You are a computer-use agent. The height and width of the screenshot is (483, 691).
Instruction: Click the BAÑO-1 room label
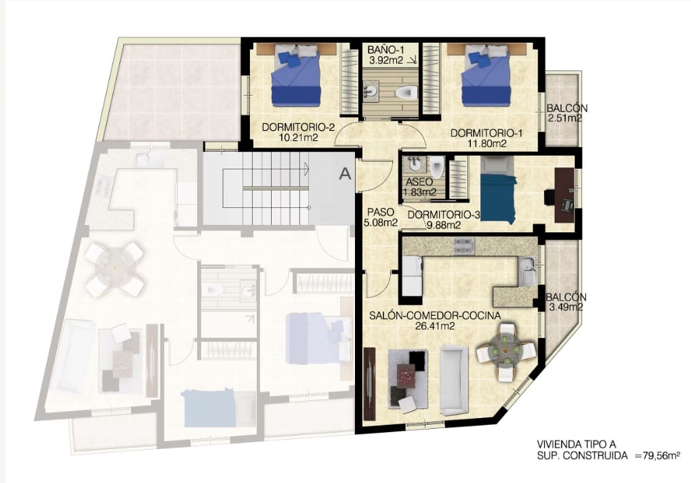(386, 49)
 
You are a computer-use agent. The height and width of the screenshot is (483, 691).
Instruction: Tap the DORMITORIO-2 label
(298, 127)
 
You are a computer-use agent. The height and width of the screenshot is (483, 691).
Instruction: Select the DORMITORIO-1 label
(486, 133)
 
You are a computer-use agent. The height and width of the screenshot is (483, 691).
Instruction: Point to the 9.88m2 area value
(443, 225)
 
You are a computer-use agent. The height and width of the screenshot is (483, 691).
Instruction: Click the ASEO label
(419, 182)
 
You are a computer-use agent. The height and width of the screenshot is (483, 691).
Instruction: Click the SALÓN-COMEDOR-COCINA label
(435, 316)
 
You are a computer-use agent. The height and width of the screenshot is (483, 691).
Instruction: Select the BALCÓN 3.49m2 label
(566, 302)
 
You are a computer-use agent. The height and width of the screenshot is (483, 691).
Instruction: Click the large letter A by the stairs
(345, 173)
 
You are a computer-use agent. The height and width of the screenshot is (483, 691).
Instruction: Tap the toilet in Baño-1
(406, 93)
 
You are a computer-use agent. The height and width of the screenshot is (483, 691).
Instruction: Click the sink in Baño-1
(370, 91)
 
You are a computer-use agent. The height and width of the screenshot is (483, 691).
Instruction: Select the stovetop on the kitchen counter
(464, 247)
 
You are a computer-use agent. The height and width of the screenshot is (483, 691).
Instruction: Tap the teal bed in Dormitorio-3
(498, 198)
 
